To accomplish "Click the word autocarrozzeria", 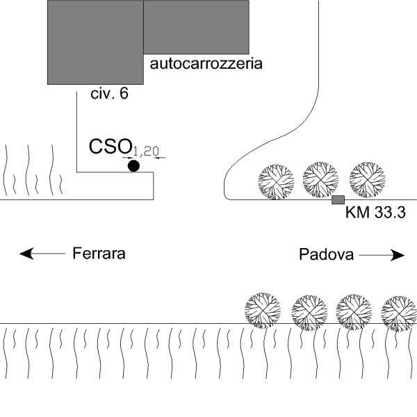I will pos(206,65).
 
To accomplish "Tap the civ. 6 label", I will pos(110,94).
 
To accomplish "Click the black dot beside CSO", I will pos(133,165).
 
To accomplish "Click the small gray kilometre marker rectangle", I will pos(338,200).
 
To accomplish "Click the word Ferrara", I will pos(99,254).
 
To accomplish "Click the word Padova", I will pos(327,254).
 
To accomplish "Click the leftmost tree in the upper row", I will pos(276,181).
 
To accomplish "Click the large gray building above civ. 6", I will pos(95,42).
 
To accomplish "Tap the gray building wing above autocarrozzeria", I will pos(196,26).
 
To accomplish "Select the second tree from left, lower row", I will pos(309,311).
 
